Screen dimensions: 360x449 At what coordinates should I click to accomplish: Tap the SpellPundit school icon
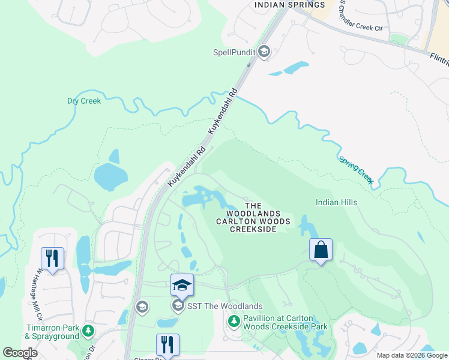(x=264, y=52)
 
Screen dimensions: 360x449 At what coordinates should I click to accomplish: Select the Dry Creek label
(x=84, y=101)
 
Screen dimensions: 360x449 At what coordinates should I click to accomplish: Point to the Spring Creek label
(x=356, y=170)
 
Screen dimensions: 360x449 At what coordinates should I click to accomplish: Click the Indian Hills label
(x=336, y=202)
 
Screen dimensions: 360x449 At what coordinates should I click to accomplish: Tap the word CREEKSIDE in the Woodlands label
(x=253, y=229)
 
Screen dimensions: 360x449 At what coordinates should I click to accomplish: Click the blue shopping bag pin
(x=321, y=249)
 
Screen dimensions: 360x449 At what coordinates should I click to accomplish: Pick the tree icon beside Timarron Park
(x=88, y=331)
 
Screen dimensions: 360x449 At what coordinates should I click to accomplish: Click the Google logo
(x=20, y=353)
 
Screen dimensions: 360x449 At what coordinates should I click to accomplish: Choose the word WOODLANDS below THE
(x=253, y=214)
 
